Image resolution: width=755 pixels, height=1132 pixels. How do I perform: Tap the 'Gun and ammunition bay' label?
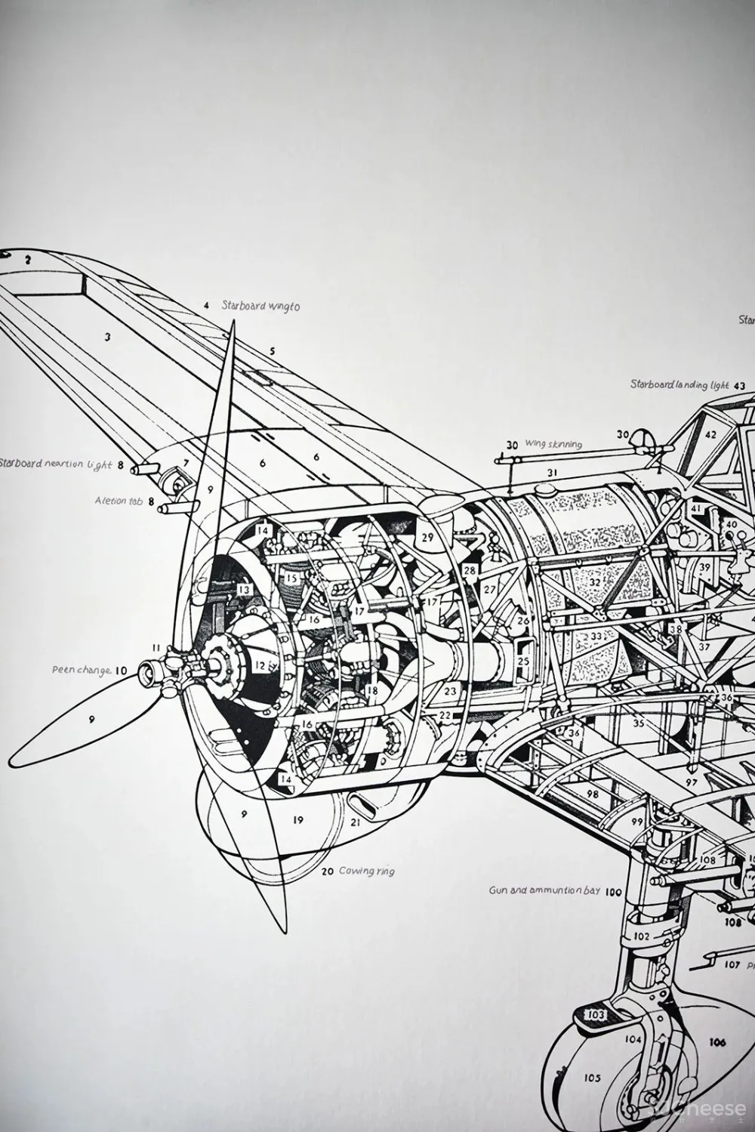point(544,890)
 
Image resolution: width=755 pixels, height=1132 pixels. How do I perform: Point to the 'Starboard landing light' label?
point(670,384)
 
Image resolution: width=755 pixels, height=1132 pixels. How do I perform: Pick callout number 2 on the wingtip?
point(28,259)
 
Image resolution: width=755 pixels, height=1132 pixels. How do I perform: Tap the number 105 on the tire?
point(593,1078)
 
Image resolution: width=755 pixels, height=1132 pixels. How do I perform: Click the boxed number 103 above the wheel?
point(596,1014)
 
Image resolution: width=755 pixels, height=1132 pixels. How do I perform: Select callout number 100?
point(613,892)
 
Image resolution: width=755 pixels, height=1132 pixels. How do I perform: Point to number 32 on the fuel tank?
point(594,582)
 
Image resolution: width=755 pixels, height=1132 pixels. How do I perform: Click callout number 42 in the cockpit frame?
point(710,434)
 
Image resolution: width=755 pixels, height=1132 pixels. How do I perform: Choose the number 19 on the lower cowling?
point(297,819)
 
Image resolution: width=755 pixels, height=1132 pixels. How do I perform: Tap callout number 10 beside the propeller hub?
point(121,669)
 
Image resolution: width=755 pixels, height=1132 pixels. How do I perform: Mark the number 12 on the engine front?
point(260,665)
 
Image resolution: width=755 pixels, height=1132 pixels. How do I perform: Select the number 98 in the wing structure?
point(592,794)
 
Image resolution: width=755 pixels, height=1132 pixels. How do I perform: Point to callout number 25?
point(523,660)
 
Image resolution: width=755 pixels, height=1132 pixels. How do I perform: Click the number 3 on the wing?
point(108,338)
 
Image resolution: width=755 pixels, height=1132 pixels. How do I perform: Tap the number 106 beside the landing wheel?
point(717,1043)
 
